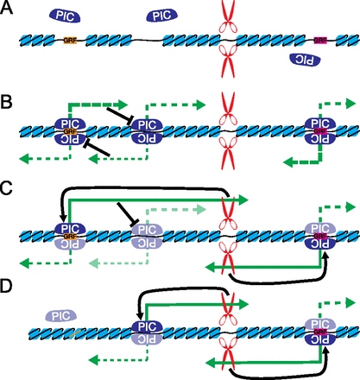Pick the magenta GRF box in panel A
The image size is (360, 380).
pyautogui.click(x=320, y=40)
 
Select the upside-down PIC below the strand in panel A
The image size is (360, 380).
pyautogui.click(x=306, y=59)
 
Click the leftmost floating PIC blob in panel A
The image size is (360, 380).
pyautogui.click(x=68, y=16)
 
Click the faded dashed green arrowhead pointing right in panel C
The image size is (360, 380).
pyautogui.click(x=201, y=208)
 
